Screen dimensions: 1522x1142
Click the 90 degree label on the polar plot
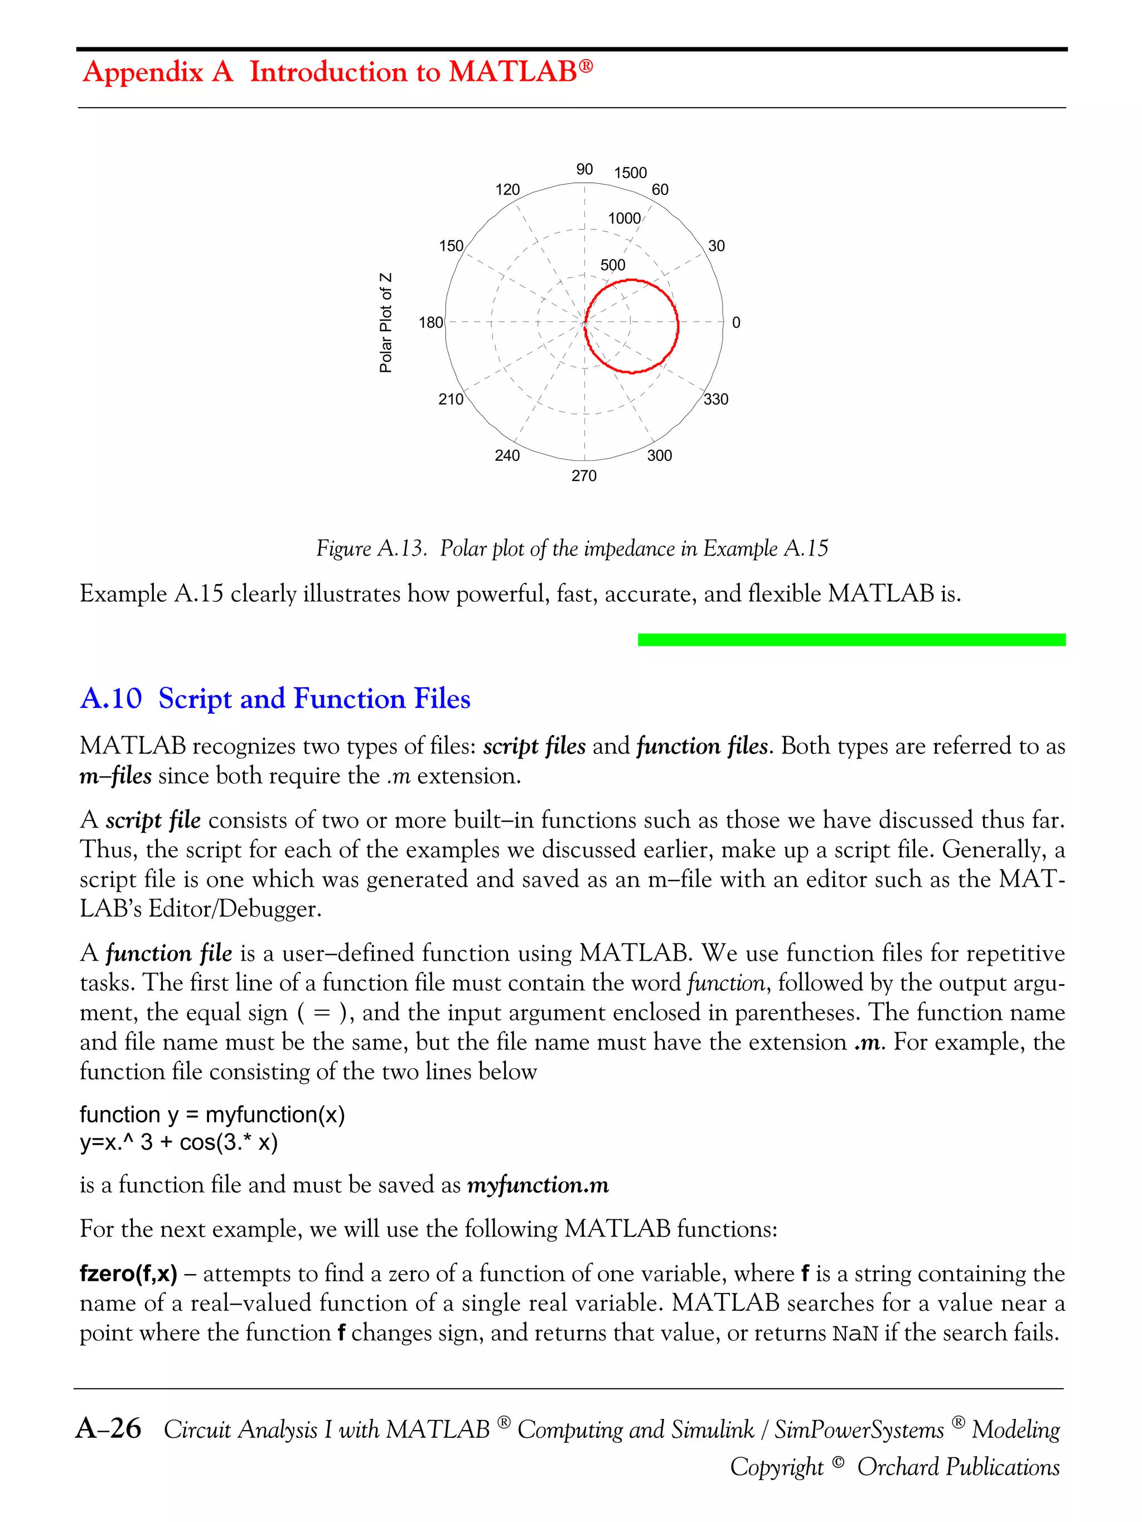pyautogui.click(x=584, y=169)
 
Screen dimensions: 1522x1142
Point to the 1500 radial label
pyautogui.click(x=630, y=173)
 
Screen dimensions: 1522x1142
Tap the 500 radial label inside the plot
pyautogui.click(x=613, y=265)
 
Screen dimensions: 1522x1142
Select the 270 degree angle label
pyautogui.click(x=584, y=475)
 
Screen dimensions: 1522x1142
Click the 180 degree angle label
pyautogui.click(x=431, y=323)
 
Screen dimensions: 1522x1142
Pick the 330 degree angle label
pyautogui.click(x=716, y=399)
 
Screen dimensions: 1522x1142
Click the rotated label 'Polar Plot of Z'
pyautogui.click(x=386, y=323)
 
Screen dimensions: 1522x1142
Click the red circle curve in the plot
pyautogui.click(x=678, y=323)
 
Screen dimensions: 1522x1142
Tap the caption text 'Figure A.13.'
pyautogui.click(x=371, y=548)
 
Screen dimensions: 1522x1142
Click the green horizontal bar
pyautogui.click(x=851, y=640)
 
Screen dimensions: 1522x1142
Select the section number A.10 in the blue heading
pyautogui.click(x=111, y=698)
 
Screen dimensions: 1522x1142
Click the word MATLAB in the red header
pyautogui.click(x=513, y=71)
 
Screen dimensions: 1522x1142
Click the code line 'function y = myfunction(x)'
pyautogui.click(x=212, y=1114)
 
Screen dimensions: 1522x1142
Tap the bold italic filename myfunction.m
pyautogui.click(x=538, y=1185)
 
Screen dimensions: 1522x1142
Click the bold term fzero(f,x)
pyautogui.click(x=128, y=1273)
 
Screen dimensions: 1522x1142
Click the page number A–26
pyautogui.click(x=109, y=1429)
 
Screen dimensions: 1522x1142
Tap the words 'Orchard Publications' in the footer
pyautogui.click(x=957, y=1466)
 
